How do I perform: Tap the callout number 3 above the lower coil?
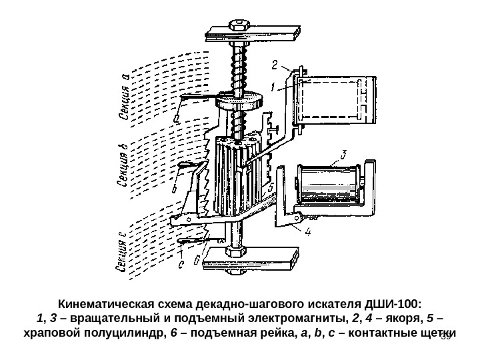click(343, 155)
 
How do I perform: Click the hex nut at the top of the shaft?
click(237, 26)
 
